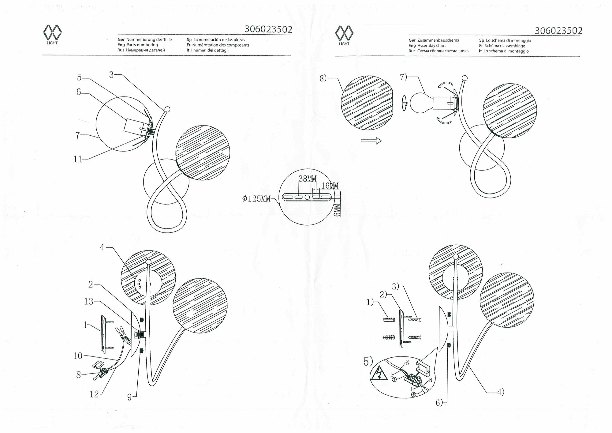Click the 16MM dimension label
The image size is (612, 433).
[x=330, y=186]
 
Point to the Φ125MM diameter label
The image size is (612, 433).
[x=256, y=199]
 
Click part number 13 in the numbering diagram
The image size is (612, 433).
[x=88, y=302]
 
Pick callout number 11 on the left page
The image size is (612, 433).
[x=78, y=159]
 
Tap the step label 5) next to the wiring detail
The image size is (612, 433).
[x=368, y=362]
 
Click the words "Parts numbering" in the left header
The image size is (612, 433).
[x=142, y=45]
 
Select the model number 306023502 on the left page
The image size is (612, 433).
[x=268, y=29]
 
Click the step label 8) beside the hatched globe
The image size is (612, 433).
[x=323, y=78]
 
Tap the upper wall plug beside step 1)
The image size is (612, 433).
[x=389, y=320]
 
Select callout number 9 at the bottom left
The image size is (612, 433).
[x=129, y=397]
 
